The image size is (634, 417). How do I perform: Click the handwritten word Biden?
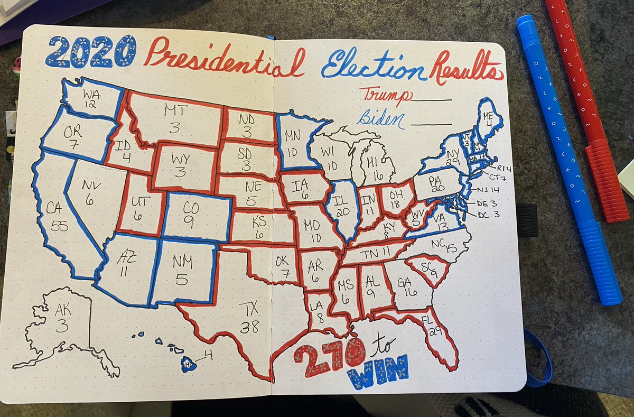[380, 119]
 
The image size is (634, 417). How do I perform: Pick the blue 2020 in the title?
[90, 52]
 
